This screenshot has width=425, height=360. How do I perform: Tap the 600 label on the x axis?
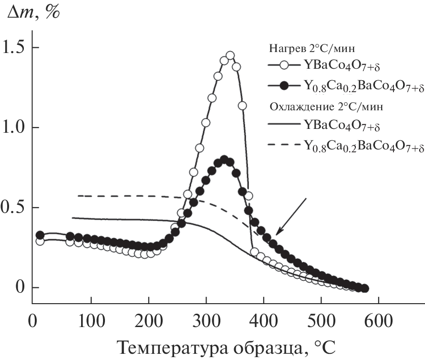coord(378,319)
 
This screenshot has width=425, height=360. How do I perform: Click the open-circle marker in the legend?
coord(285,66)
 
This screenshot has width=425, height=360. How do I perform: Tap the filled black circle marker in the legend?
coord(285,85)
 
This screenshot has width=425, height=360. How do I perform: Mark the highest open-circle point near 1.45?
coord(230,56)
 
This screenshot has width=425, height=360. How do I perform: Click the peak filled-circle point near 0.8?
coord(224,159)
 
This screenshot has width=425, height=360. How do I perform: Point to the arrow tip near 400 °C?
coord(277,234)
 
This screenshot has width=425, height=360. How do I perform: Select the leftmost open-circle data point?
coord(40,241)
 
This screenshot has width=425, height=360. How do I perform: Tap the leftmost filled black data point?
coord(40,235)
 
